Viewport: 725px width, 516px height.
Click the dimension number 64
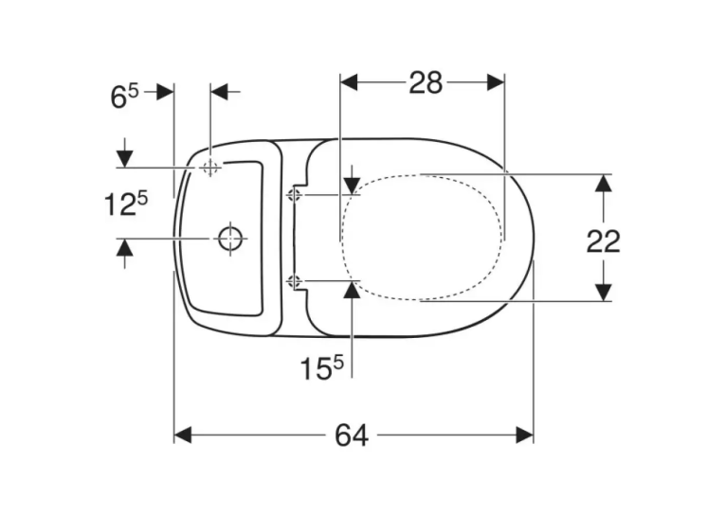pos(352,436)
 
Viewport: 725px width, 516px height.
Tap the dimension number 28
pos(426,83)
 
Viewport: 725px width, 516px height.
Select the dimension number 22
pos(603,241)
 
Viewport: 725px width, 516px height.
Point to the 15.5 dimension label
pos(322,368)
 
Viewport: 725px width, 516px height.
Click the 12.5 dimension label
pos(126,205)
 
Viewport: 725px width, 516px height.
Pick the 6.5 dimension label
pos(124,97)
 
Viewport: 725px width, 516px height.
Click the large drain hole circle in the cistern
pos(230,239)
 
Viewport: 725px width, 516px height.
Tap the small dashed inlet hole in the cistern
pos(210,167)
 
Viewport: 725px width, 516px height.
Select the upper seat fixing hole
pos(294,195)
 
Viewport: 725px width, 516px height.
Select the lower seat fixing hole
pos(294,280)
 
